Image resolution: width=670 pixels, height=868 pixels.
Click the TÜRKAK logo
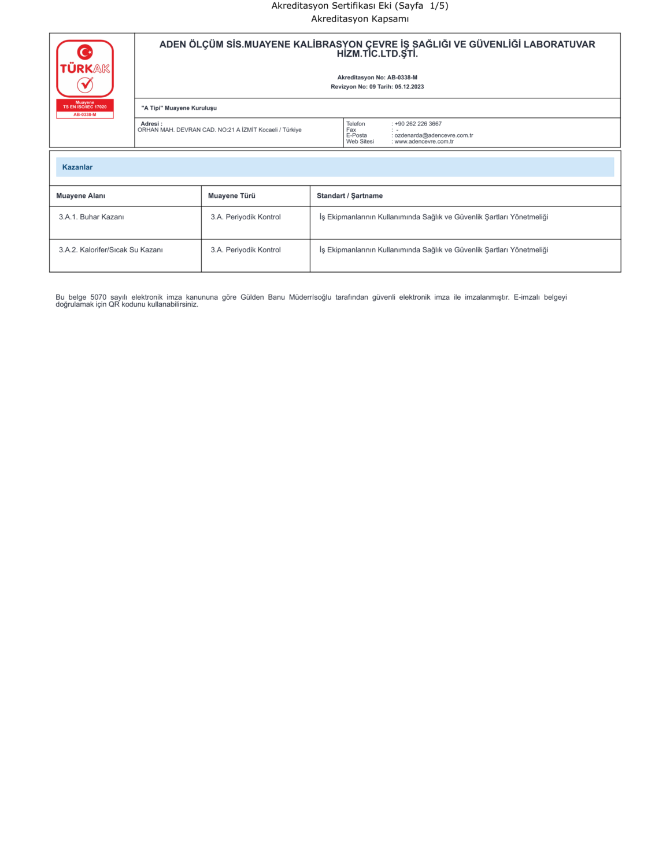pos(85,68)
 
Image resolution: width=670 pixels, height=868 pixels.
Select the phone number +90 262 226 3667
pos(418,124)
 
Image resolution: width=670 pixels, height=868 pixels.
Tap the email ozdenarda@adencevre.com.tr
pos(434,135)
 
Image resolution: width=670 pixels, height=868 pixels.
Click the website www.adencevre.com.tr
pos(424,142)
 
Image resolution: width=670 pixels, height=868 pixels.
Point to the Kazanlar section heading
pos(77,167)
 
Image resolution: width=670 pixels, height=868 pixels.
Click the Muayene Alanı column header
pos(80,196)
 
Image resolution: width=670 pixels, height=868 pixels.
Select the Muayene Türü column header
pos(231,196)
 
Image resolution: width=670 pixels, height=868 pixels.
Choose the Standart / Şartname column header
pos(349,196)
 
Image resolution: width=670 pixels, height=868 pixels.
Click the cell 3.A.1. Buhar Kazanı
pos(91,217)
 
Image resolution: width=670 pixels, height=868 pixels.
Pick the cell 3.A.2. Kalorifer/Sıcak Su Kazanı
pos(110,250)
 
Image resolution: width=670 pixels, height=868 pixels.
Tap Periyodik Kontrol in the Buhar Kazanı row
pos(246,217)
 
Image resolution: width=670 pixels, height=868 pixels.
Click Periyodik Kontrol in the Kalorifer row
pos(246,250)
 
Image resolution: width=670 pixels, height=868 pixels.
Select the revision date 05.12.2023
pos(409,87)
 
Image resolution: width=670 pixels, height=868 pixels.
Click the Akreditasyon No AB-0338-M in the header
pos(402,78)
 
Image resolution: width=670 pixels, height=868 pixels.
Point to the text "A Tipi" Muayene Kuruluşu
pos(179,108)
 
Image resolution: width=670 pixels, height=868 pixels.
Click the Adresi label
pos(151,124)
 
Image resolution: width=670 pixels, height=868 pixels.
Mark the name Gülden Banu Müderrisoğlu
pos(286,297)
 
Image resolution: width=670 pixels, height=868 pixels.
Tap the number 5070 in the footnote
pos(98,297)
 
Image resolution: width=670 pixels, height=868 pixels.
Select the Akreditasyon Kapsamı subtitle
pos(360,19)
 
